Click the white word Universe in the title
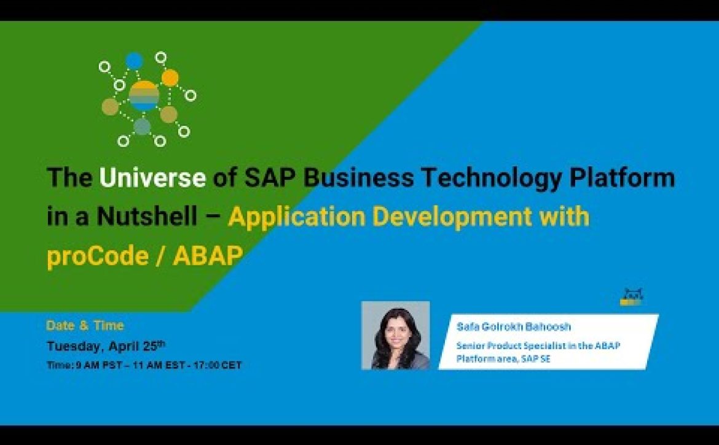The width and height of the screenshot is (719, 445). point(152,177)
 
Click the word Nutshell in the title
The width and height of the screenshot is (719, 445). point(147,217)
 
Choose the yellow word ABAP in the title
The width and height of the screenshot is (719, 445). point(208,256)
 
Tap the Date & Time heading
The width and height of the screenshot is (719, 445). point(85,325)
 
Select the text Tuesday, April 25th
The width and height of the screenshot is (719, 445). point(106,346)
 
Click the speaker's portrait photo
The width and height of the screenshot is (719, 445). point(396,335)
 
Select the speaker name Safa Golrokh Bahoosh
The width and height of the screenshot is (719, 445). point(514,327)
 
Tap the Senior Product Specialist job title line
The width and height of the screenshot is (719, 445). point(538,346)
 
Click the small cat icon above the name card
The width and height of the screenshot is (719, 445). point(631,296)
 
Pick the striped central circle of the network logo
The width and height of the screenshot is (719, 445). point(144,96)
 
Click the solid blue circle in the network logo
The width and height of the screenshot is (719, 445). point(134,61)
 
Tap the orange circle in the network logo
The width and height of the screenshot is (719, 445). point(170,78)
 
